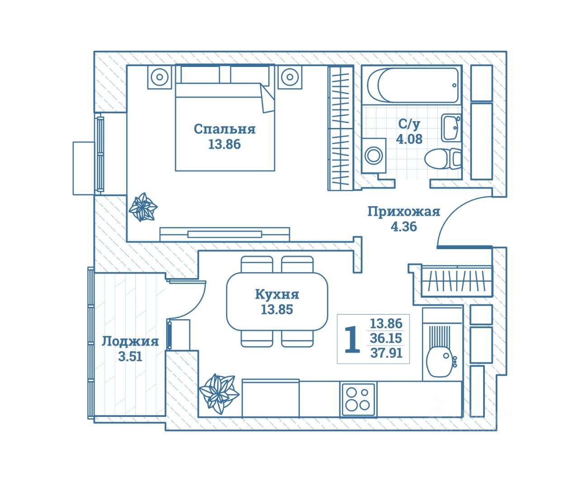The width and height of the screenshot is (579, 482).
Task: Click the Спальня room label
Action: coord(224,129)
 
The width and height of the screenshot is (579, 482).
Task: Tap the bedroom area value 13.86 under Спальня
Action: coord(224,145)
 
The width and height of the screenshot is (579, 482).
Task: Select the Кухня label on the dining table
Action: coord(277,294)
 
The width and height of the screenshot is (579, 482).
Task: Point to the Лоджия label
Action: coord(130,341)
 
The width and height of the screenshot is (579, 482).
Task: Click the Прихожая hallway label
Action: coord(403,212)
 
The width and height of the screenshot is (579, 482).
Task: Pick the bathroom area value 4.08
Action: coord(409,139)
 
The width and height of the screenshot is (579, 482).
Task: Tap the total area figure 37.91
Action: coord(386,353)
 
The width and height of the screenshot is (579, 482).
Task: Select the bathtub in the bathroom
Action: coord(413,85)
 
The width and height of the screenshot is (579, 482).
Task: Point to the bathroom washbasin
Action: coord(451,128)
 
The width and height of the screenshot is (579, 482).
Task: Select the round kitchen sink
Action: coord(439,361)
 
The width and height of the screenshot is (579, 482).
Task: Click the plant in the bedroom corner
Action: coord(143,208)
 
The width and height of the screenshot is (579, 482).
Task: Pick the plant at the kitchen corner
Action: coord(219,392)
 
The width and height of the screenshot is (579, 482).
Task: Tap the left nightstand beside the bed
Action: coord(160,77)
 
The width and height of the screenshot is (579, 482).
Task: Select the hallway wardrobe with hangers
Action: coord(456,281)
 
